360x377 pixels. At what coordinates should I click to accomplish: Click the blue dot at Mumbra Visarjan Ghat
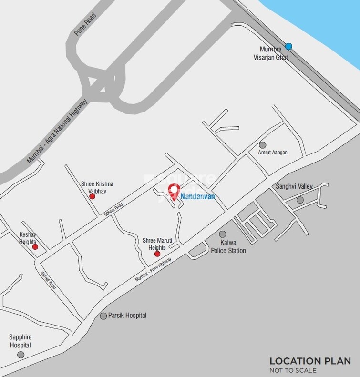(x=288, y=46)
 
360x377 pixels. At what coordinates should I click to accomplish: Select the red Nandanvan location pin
(x=174, y=191)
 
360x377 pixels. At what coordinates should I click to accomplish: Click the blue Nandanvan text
(x=197, y=196)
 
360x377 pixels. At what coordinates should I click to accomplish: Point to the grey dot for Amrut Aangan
(x=262, y=145)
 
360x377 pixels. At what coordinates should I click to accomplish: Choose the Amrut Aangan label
(x=273, y=153)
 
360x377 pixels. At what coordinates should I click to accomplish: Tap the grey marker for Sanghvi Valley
(x=300, y=200)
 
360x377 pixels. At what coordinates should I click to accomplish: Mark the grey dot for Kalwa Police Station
(x=223, y=234)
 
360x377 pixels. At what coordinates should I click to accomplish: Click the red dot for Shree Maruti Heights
(x=157, y=254)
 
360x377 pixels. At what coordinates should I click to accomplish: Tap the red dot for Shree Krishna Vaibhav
(x=93, y=196)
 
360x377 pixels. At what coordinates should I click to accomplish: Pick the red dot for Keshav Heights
(x=35, y=246)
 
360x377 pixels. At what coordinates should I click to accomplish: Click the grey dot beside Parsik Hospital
(x=103, y=316)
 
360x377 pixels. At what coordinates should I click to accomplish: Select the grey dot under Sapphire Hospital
(x=21, y=355)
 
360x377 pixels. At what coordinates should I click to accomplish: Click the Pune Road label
(x=85, y=25)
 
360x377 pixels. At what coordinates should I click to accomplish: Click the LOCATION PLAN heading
(x=310, y=361)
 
